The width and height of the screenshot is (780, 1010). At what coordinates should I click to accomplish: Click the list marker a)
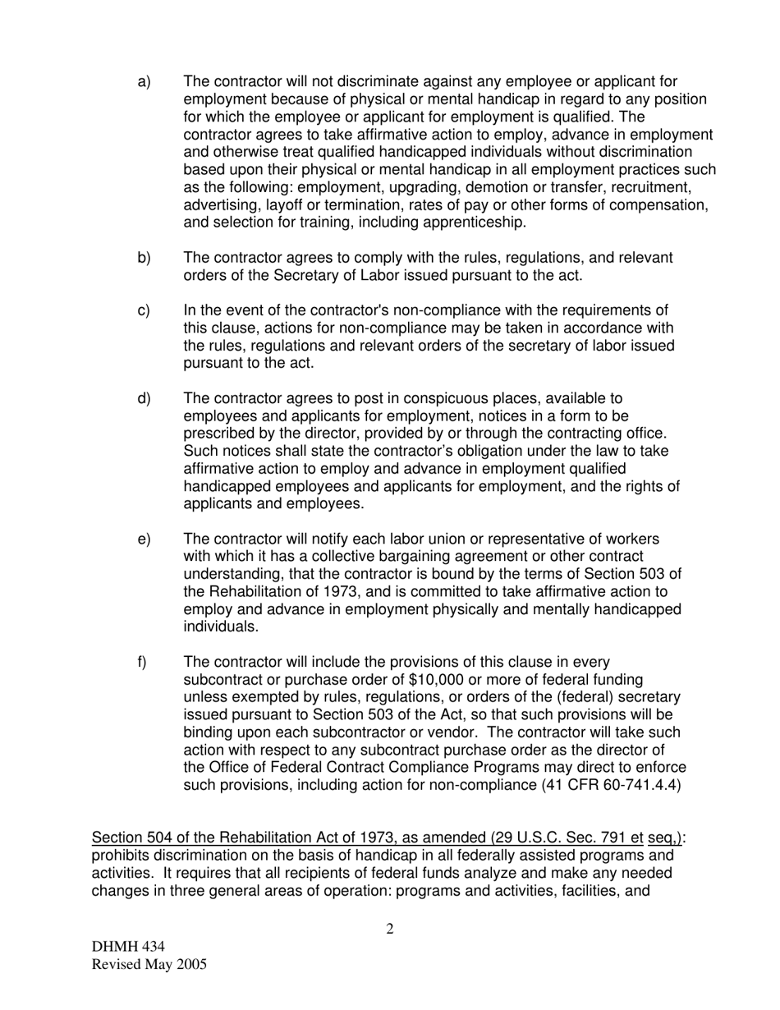(144, 82)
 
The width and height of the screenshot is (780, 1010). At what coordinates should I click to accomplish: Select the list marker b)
(144, 259)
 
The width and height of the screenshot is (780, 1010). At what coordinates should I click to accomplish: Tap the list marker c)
(144, 311)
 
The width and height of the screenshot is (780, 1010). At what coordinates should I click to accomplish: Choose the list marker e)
(144, 539)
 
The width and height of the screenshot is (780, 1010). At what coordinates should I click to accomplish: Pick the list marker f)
(142, 663)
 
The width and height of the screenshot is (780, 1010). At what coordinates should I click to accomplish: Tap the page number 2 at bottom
(390, 930)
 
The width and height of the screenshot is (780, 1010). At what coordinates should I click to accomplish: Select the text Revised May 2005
(149, 965)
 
